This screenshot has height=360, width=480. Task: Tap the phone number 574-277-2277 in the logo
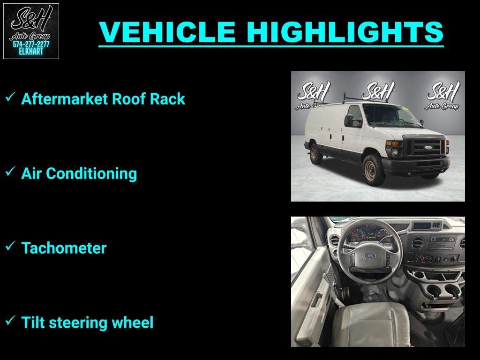click(31, 45)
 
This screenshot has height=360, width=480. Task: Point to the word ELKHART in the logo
click(31, 52)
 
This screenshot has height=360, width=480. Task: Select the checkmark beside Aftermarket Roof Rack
click(10, 97)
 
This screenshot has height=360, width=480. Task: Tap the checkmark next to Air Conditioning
click(10, 172)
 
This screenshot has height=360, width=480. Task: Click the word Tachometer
click(64, 248)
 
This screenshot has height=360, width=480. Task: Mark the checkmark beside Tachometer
click(10, 247)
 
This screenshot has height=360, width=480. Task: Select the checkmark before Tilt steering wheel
click(10, 321)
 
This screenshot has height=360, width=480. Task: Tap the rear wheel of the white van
click(316, 154)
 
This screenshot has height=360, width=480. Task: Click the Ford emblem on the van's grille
click(428, 147)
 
